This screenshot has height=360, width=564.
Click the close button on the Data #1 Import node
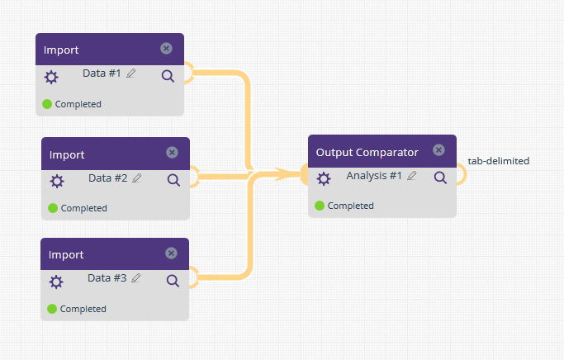click(166, 49)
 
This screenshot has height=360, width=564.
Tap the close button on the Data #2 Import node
click(172, 153)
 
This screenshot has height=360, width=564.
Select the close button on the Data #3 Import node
click(171, 253)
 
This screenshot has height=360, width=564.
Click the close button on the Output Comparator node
click(438, 150)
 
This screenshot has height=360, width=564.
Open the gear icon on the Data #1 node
click(51, 78)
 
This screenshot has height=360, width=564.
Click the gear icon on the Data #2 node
click(57, 182)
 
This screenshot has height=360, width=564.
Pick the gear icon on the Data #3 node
click(56, 282)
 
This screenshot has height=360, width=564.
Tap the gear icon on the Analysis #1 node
click(324, 178)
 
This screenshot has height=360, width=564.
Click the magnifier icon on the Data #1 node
click(168, 76)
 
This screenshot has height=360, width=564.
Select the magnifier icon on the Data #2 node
click(173, 180)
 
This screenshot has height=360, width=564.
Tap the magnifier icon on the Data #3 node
click(173, 281)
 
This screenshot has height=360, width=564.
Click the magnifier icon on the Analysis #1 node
click(441, 178)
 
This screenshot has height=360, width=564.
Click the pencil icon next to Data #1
click(131, 73)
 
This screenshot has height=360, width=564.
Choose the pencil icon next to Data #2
click(137, 178)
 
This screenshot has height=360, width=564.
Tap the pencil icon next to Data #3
click(136, 277)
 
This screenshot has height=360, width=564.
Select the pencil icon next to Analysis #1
click(412, 175)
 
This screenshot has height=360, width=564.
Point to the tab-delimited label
click(499, 161)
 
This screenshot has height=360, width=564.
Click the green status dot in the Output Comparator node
click(320, 206)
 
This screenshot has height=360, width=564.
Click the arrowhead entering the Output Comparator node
click(287, 174)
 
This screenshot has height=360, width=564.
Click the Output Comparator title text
click(367, 153)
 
